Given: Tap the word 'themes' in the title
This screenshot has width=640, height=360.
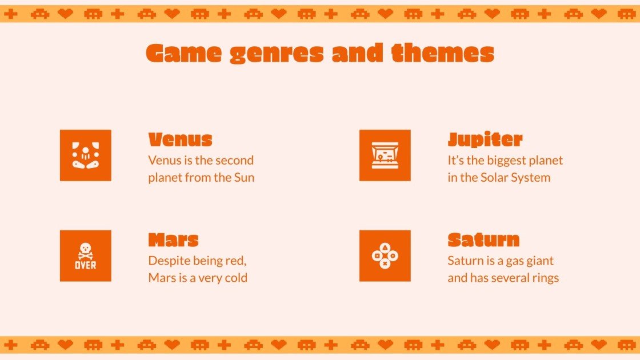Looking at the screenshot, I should click(443, 53).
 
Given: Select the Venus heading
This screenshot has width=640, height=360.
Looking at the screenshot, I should click(180, 139).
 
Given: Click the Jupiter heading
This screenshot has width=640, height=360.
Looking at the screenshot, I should click(485, 139).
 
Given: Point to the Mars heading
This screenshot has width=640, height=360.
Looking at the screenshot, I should click(173, 239).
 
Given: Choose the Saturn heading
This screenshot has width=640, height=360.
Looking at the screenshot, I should click(483, 239).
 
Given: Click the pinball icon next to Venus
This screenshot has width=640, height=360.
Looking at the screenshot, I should click(86, 155).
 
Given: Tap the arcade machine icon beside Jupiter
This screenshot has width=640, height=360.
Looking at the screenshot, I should click(385, 155).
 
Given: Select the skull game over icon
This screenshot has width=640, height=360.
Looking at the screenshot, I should click(86, 256).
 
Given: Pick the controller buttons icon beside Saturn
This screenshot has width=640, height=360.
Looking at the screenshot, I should click(385, 256).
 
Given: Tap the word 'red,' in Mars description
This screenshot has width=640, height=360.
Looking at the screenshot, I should click(233, 261).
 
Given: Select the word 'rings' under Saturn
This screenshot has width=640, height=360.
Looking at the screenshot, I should click(544, 278).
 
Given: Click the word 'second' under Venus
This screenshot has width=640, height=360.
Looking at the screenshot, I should click(234, 160).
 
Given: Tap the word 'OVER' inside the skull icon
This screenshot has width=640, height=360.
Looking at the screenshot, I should click(86, 265).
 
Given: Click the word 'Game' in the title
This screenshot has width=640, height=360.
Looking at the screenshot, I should click(183, 54).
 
